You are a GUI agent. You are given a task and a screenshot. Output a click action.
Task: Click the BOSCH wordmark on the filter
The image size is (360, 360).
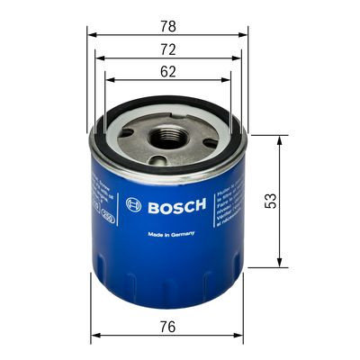[176, 203]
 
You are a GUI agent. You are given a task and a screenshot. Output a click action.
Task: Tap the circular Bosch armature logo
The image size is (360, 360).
[134, 203]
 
